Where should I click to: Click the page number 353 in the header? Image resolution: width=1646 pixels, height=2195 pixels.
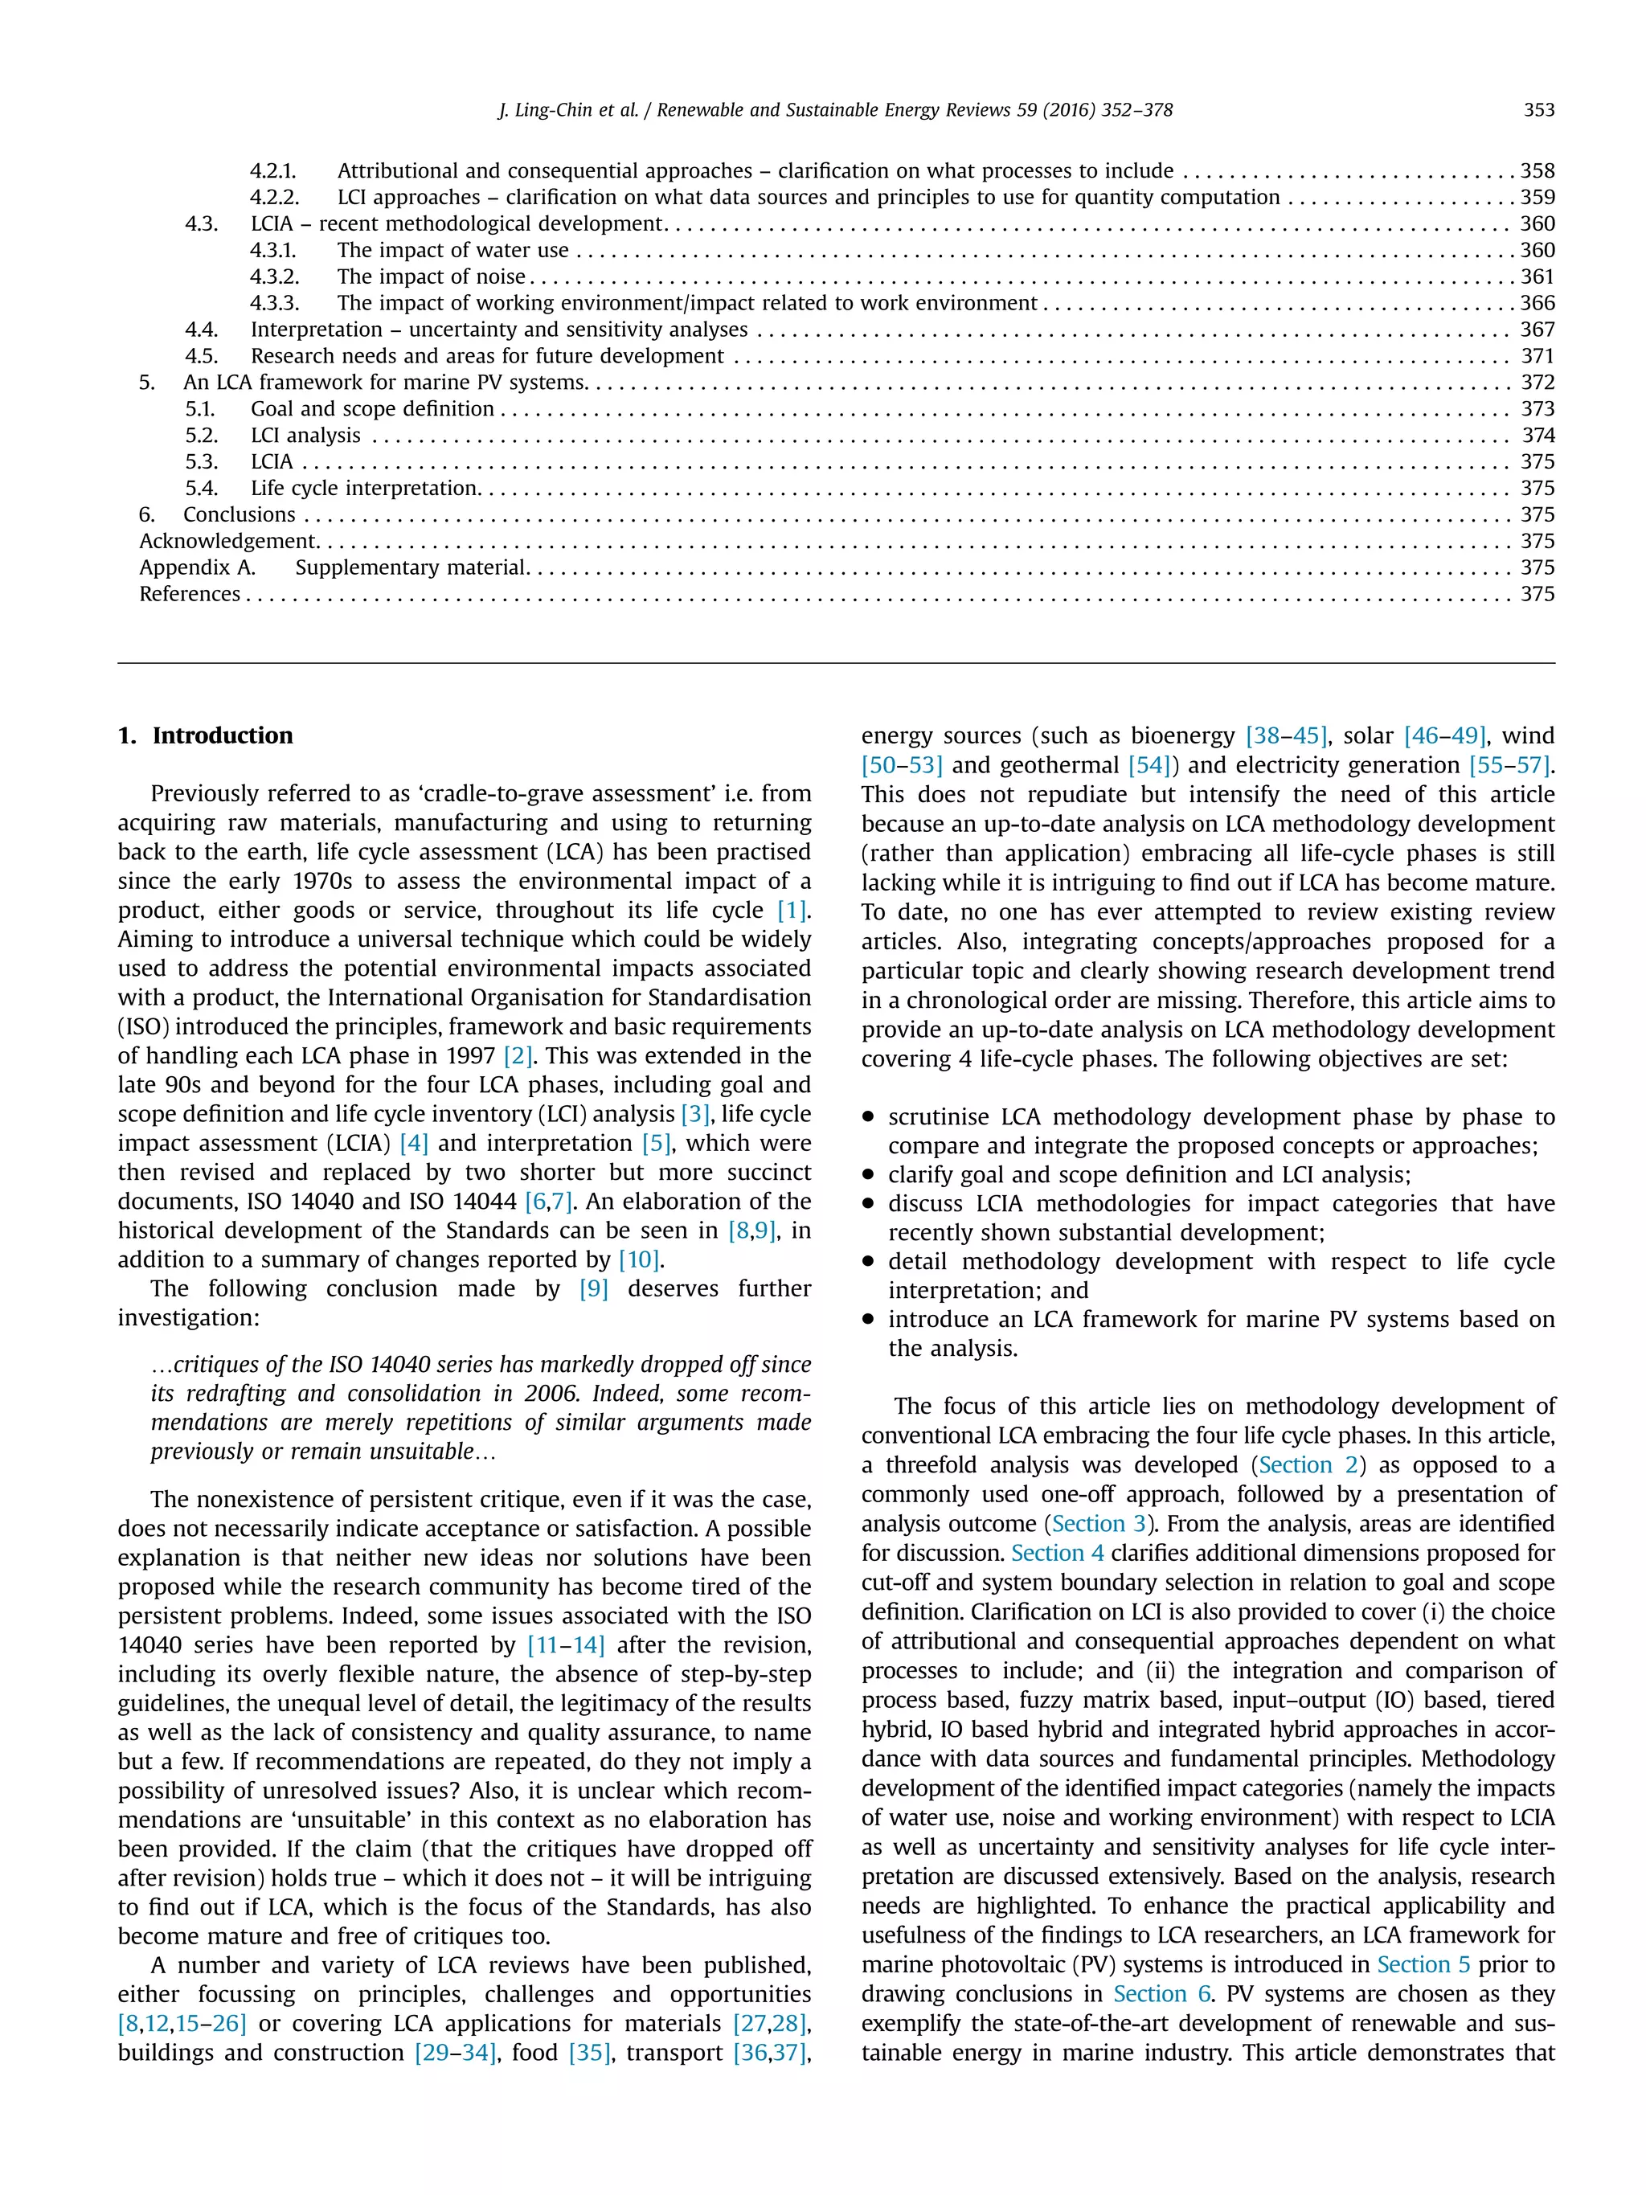coord(1537,110)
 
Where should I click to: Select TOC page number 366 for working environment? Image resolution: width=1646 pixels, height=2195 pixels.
coord(1537,303)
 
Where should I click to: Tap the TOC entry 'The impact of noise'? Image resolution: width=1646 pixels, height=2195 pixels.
coord(431,276)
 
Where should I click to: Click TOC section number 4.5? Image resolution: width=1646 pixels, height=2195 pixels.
coord(202,356)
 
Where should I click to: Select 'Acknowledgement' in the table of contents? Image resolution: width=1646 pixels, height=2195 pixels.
coord(227,541)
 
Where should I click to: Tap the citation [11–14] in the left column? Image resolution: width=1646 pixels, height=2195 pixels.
coord(566,1645)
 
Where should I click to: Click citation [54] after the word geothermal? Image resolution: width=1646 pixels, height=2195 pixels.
coord(1150,765)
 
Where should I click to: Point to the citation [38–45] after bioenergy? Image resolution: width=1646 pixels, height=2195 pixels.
coord(1286,736)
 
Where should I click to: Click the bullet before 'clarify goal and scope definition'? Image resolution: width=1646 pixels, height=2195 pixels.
coord(868,1175)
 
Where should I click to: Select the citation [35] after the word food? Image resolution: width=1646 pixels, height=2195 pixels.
coord(589,2053)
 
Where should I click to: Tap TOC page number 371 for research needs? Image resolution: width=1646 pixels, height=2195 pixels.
coord(1537,356)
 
